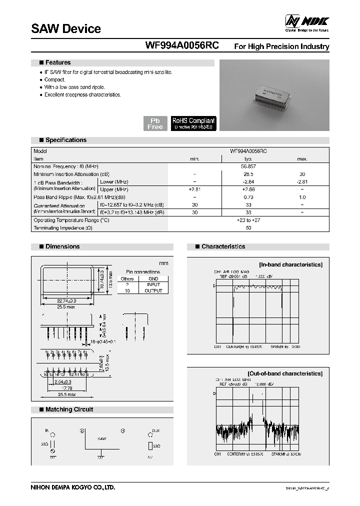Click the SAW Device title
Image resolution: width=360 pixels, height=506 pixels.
(66, 29)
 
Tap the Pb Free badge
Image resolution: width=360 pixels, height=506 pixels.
(155, 123)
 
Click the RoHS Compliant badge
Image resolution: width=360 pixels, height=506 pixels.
(193, 123)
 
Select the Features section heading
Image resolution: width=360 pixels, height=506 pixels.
(58, 63)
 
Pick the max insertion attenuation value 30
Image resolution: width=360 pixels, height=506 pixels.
(302, 173)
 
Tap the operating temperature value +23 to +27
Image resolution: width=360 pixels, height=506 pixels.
(248, 220)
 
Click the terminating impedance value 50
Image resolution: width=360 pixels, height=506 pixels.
(248, 228)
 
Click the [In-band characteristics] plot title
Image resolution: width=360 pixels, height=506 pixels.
(290, 264)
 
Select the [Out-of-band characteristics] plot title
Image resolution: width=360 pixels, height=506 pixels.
(284, 373)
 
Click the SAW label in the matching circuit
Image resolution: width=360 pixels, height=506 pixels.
(102, 438)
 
